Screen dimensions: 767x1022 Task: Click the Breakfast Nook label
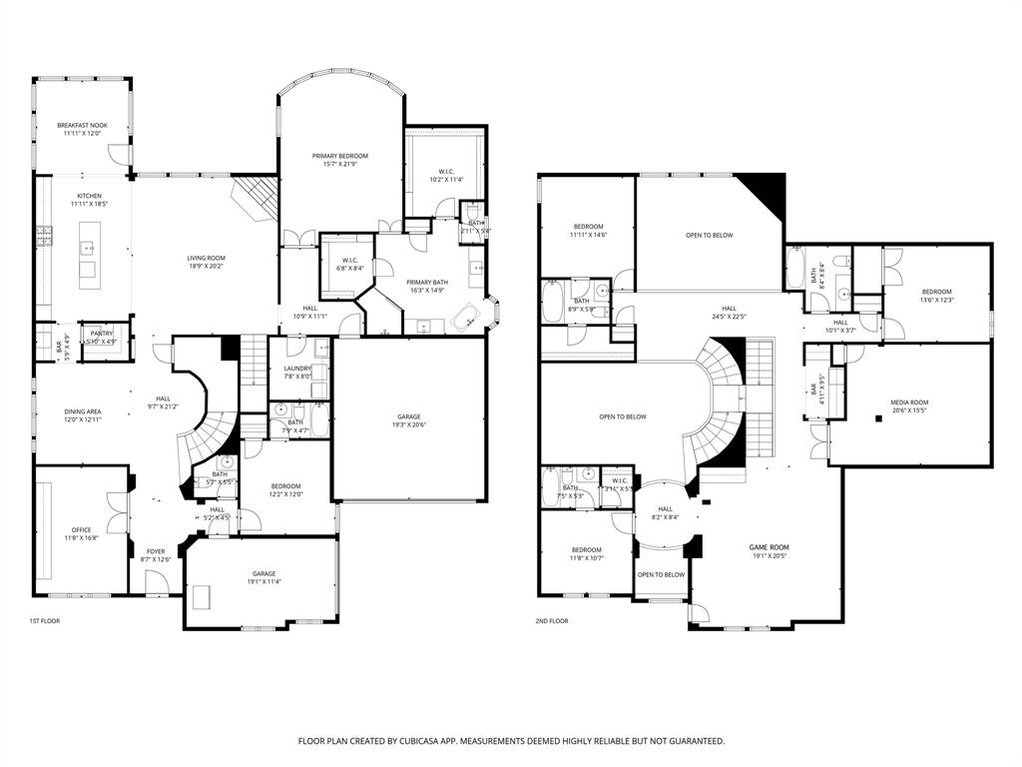tap(82, 126)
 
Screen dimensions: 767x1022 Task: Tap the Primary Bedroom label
tap(339, 156)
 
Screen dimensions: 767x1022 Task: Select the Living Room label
tap(207, 259)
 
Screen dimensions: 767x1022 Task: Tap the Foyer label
tap(156, 551)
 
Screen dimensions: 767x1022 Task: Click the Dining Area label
tap(81, 411)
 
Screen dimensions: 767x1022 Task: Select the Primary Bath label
tap(427, 283)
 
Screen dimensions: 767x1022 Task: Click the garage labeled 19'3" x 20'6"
tap(409, 416)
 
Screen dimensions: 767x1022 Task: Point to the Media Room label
tap(909, 402)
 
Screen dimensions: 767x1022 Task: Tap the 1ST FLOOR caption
tap(44, 621)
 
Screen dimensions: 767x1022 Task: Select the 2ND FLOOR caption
tap(551, 621)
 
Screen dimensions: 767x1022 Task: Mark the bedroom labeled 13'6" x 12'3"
tap(936, 292)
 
